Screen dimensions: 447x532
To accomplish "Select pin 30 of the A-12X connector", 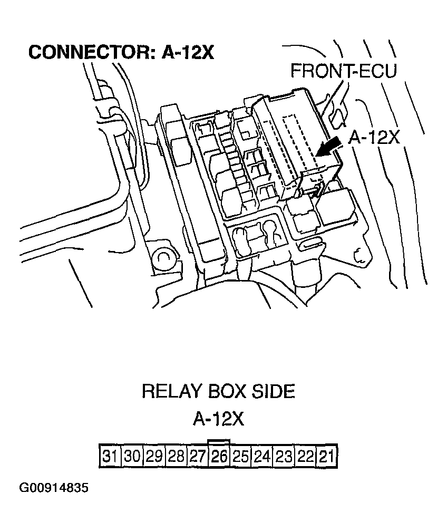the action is pos(132,456).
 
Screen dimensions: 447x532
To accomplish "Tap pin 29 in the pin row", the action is pos(154,456).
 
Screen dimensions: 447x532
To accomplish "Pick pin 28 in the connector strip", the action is pos(176,456).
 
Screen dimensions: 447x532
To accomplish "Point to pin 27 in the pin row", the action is pos(197,456).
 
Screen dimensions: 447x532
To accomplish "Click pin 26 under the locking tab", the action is pos(219,456).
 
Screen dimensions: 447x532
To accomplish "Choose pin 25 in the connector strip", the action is pos(241,456).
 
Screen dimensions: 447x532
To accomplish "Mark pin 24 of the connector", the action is pos(263,456).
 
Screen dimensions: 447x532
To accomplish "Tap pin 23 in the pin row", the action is pos(284,456).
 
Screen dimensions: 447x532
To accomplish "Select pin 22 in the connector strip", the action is pos(306,456).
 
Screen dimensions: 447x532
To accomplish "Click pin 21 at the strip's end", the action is pos(326,456).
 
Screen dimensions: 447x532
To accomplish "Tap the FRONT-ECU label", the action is pos(343,71).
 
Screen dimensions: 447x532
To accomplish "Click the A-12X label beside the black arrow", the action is pos(374,138).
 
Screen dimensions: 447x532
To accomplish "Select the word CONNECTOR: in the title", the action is pos(92,53).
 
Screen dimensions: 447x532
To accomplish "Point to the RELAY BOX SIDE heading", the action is pos(218,391).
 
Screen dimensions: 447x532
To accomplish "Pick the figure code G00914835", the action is pos(54,488).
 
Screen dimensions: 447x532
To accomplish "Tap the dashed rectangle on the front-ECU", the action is pos(300,142).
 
